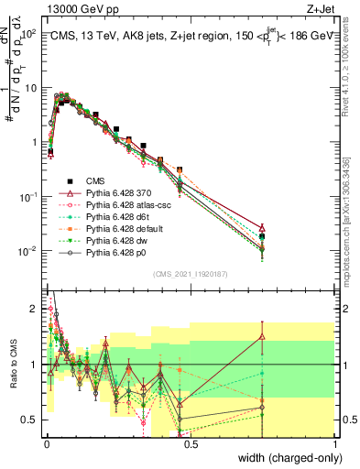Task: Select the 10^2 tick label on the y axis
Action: [x=29, y=34]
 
